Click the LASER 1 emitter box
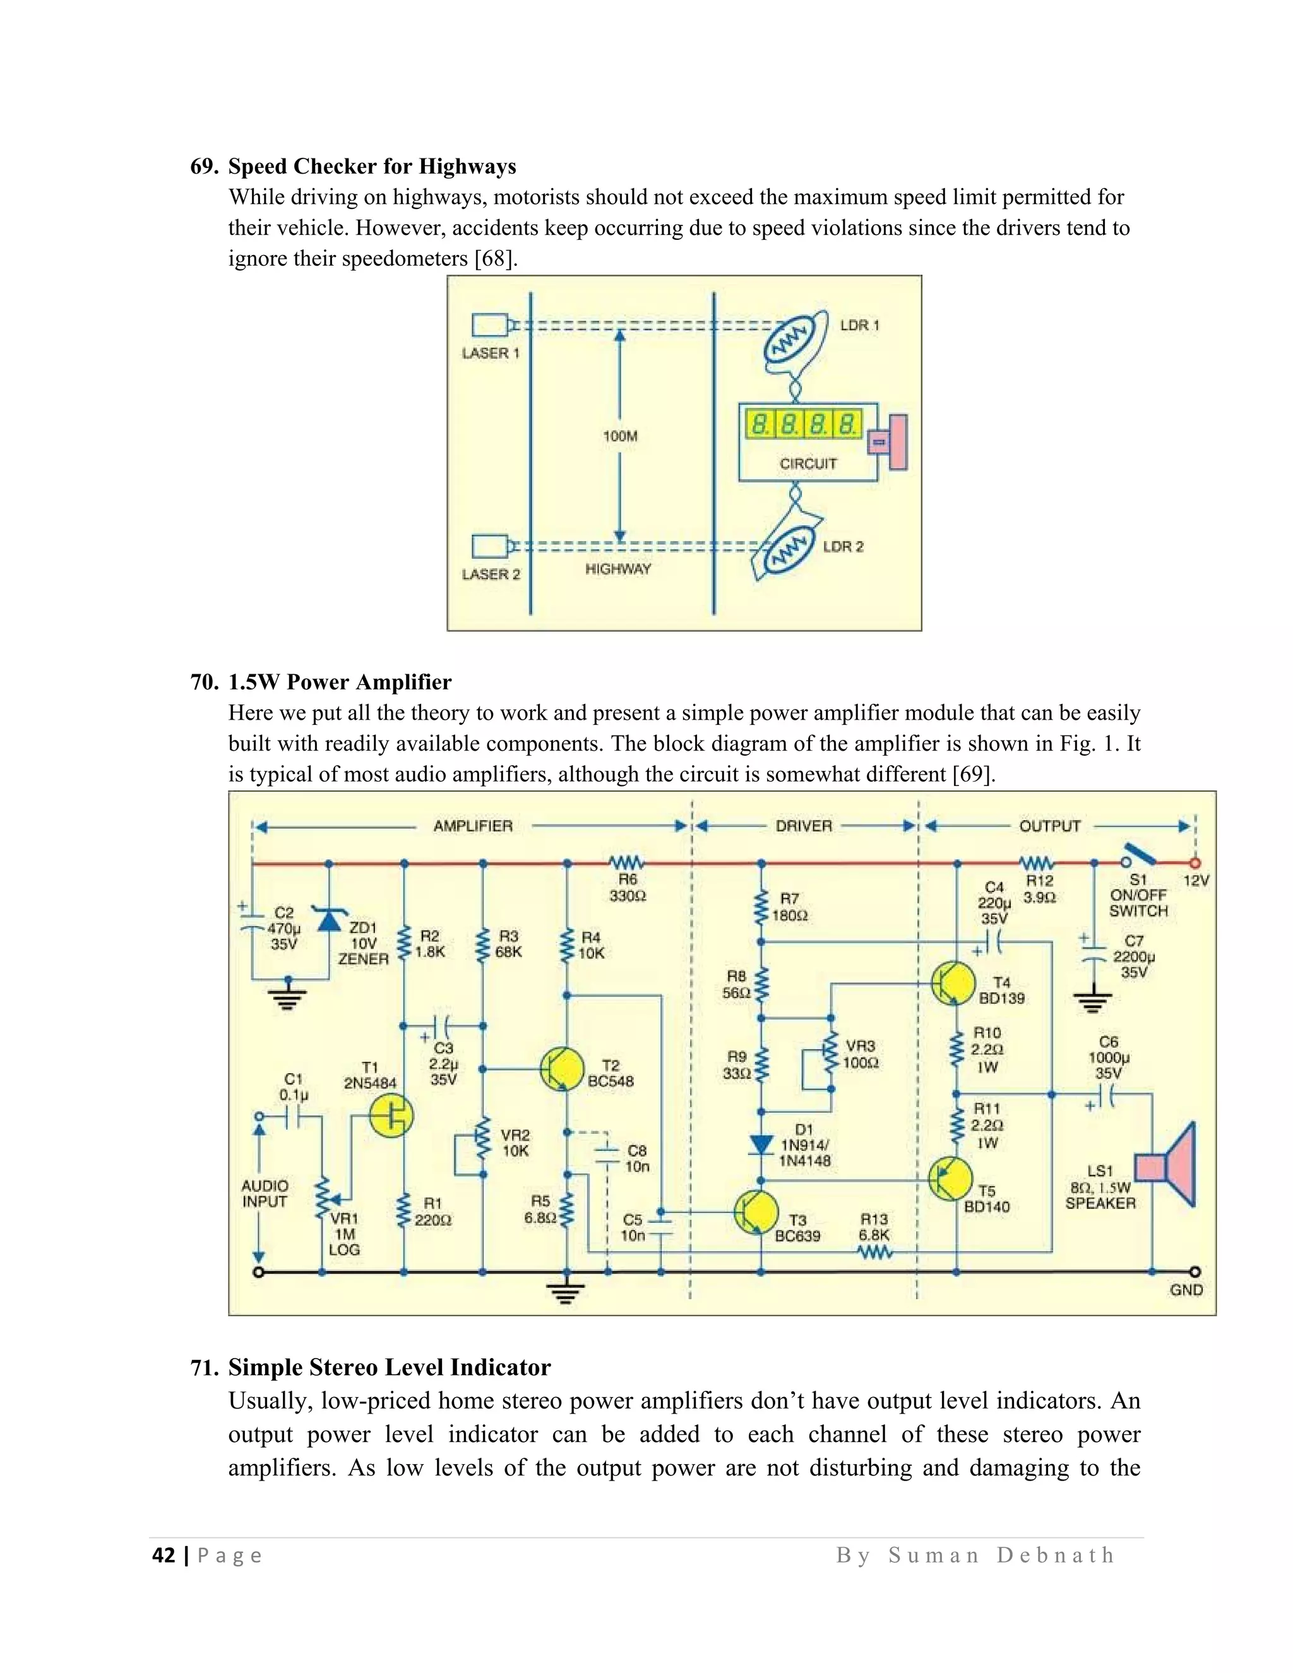point(489,326)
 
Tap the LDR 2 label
point(843,547)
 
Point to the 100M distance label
point(620,436)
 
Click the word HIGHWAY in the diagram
point(617,569)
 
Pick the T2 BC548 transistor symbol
point(560,1069)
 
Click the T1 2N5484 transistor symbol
point(391,1116)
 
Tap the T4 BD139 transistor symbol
point(953,983)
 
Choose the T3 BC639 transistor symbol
point(754,1213)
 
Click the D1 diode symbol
point(761,1145)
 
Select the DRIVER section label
point(804,826)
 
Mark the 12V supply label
point(1196,881)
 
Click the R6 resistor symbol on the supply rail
point(626,862)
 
